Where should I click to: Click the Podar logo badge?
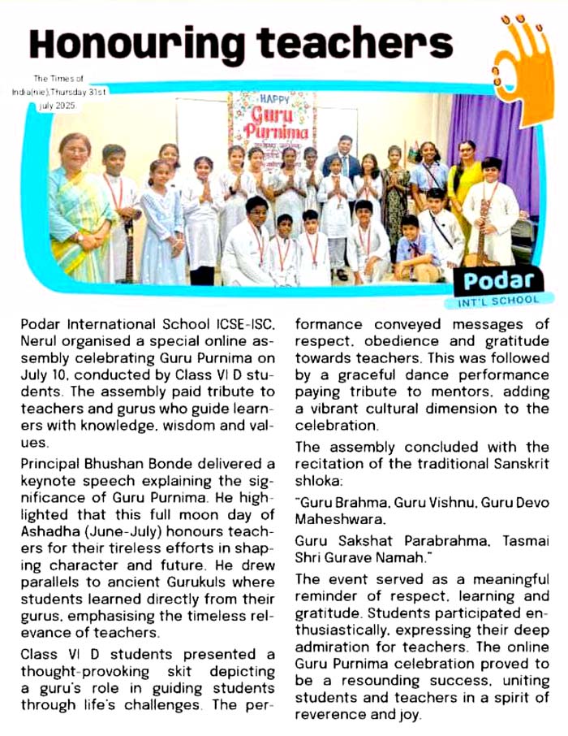point(497,281)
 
